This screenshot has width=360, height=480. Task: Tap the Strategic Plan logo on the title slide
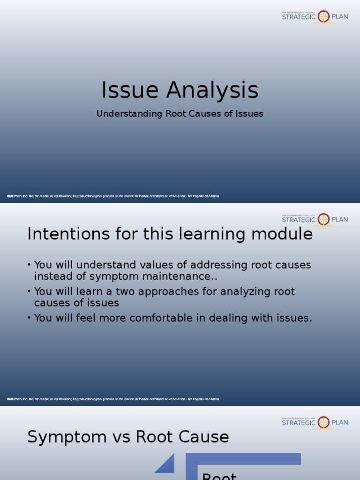(x=315, y=17)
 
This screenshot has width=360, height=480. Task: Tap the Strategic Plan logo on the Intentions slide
(x=315, y=219)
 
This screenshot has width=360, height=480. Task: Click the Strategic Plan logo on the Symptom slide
(x=315, y=422)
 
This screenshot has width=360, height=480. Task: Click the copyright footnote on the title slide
(x=113, y=196)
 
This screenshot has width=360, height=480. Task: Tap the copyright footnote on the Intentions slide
(x=113, y=399)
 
